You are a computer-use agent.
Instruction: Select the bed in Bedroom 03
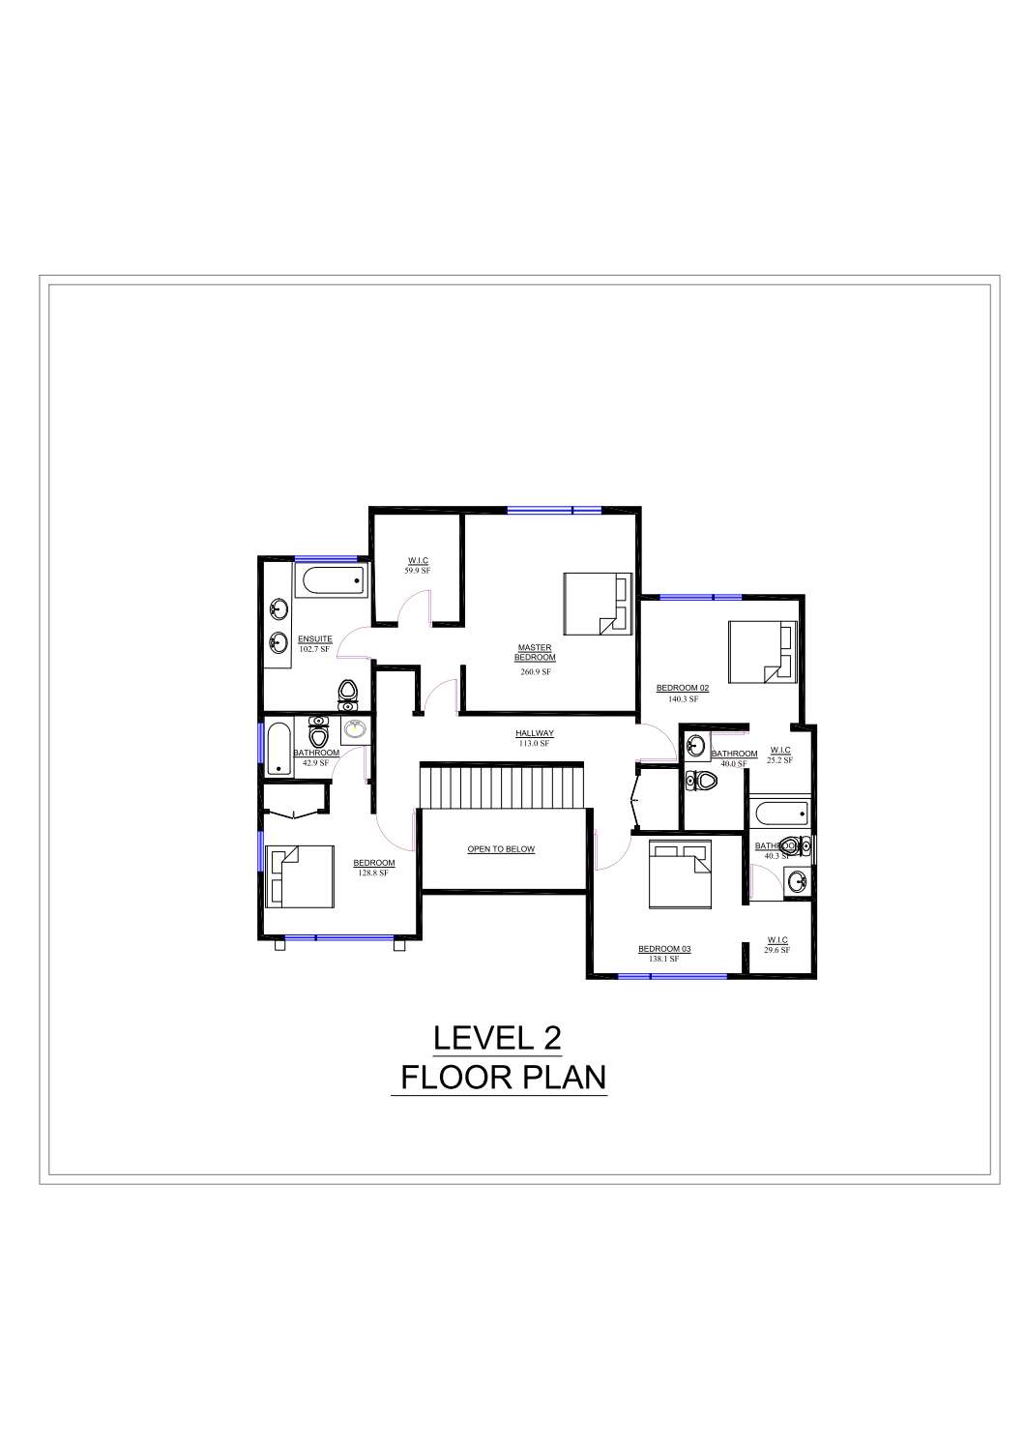click(680, 875)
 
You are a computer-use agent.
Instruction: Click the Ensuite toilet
click(348, 693)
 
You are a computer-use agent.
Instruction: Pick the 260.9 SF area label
click(535, 671)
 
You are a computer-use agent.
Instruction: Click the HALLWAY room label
click(534, 734)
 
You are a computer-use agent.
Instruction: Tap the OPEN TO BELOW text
click(501, 849)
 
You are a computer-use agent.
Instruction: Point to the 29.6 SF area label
click(776, 950)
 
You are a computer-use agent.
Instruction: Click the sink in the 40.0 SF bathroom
click(696, 745)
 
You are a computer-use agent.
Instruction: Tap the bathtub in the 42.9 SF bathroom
click(278, 749)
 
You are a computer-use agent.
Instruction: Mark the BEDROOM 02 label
click(683, 688)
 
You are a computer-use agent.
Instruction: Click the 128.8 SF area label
click(373, 873)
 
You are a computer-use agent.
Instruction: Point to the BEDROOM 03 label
click(664, 949)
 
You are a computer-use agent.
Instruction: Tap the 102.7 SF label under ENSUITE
click(315, 648)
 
